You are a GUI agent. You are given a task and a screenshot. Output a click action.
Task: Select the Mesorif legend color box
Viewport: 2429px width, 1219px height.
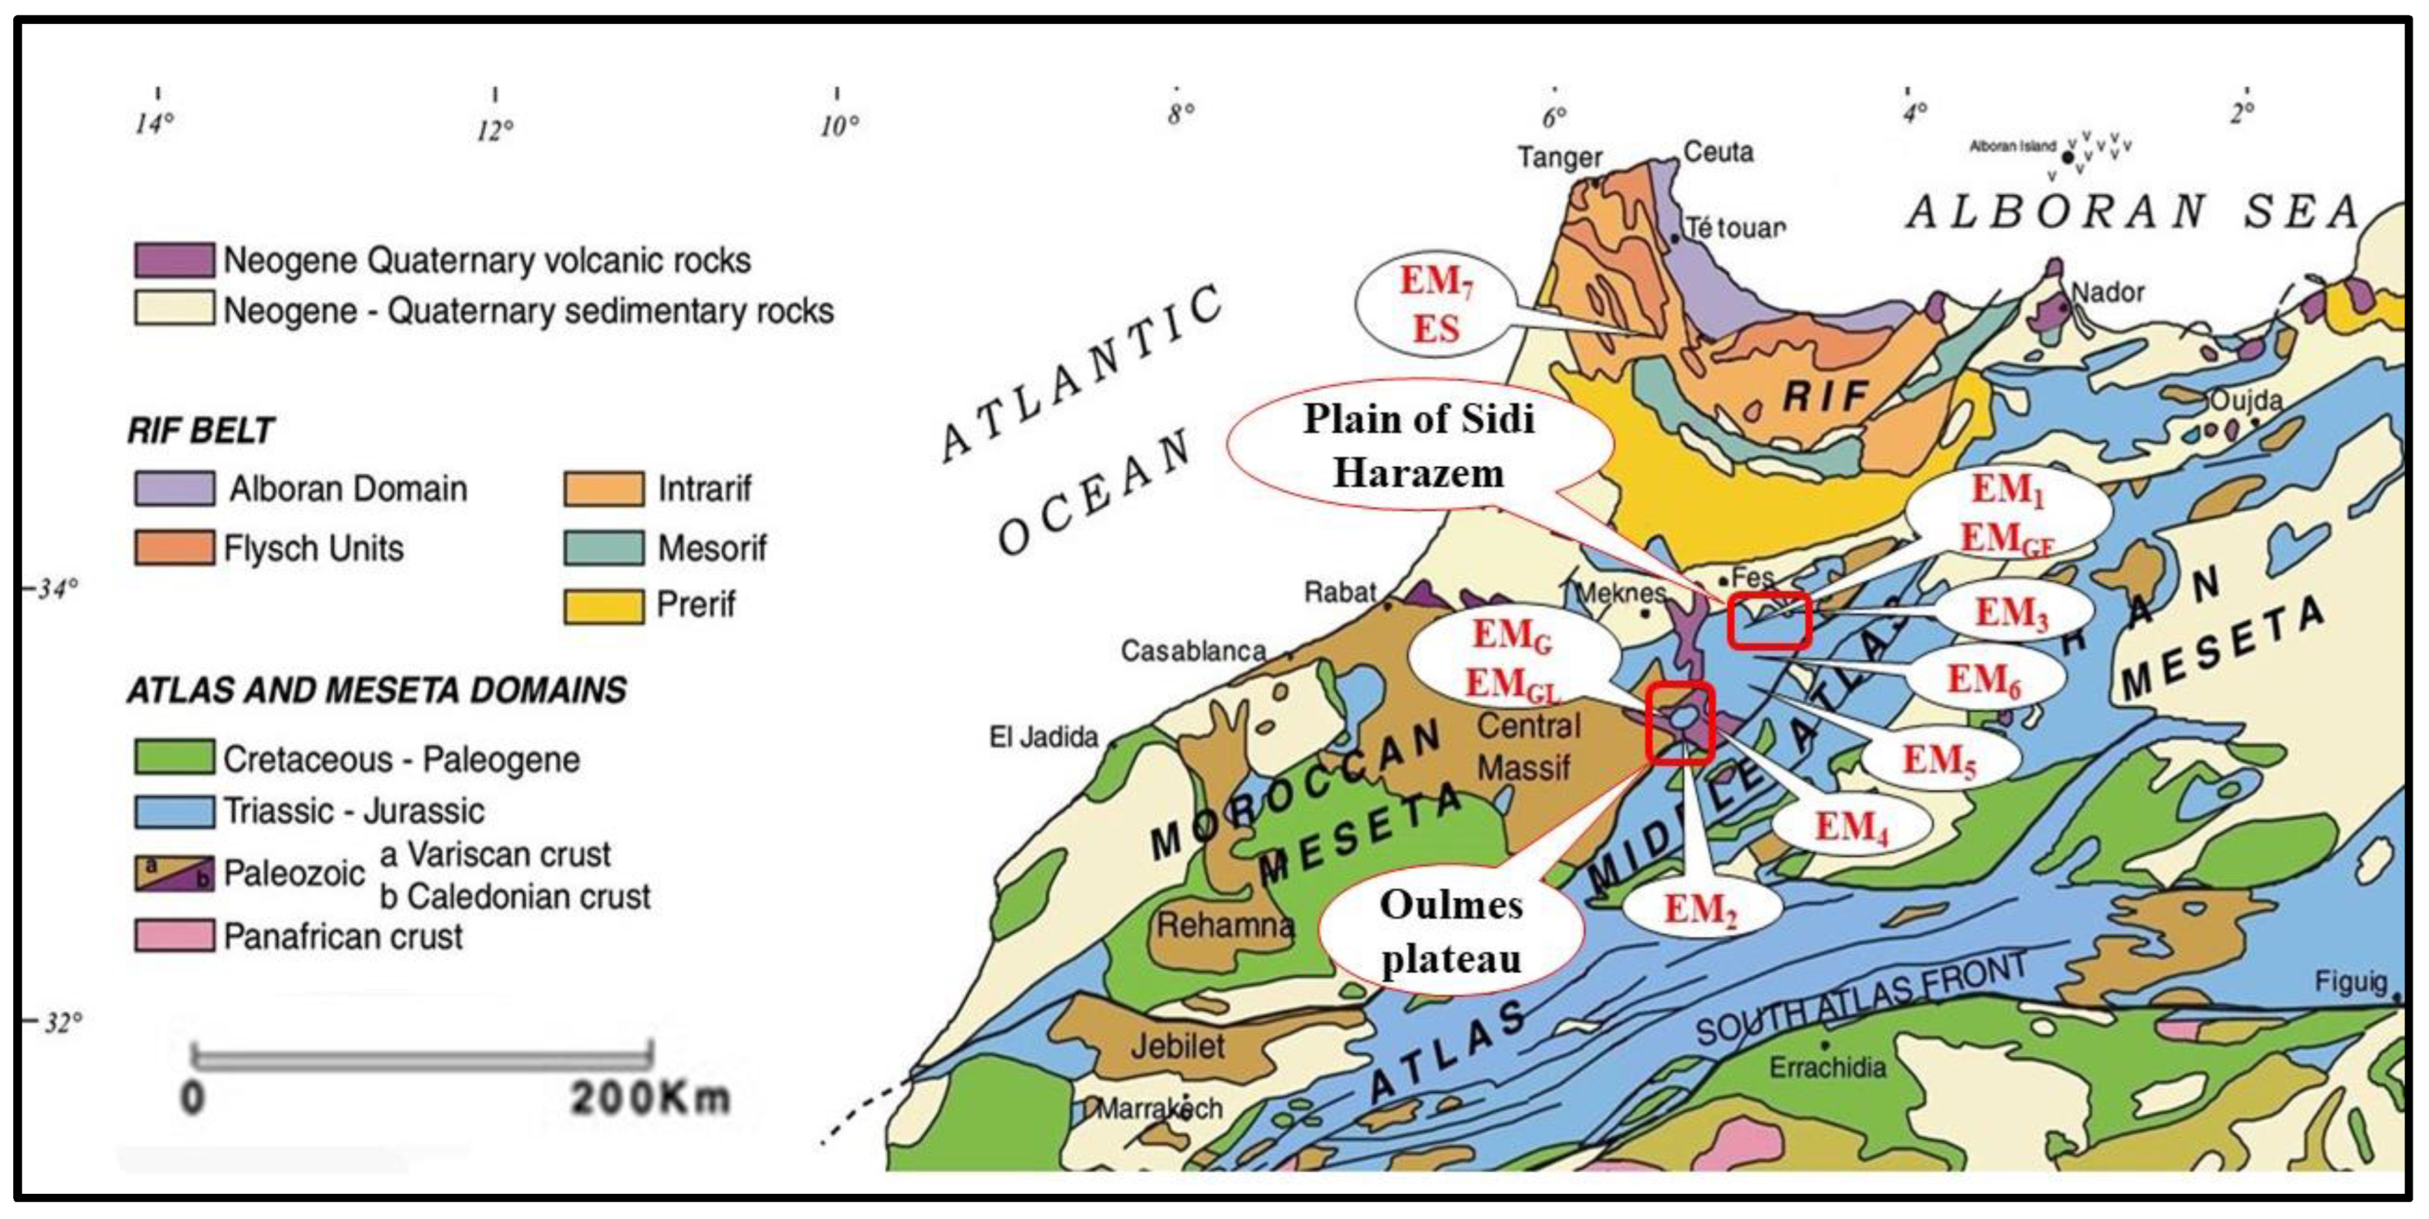pyautogui.click(x=604, y=548)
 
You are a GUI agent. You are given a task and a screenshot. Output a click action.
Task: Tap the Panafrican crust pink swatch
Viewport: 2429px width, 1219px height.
pyautogui.click(x=174, y=936)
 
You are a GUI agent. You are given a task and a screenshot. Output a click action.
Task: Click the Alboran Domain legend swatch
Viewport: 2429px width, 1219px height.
pyautogui.click(x=174, y=488)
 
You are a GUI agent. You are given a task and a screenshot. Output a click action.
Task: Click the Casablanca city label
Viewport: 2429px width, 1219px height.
pyautogui.click(x=1193, y=650)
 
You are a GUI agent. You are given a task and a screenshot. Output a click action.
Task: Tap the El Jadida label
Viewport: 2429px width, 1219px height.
pyautogui.click(x=1043, y=737)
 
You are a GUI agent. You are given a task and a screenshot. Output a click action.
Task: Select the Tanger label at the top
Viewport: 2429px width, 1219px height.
pyautogui.click(x=1559, y=158)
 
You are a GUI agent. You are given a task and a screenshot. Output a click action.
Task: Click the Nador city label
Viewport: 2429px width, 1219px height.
pyautogui.click(x=2108, y=292)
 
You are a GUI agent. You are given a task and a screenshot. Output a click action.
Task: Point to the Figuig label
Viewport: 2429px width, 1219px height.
pyautogui.click(x=2350, y=982)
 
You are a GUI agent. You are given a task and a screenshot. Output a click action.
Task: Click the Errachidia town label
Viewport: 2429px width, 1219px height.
pyautogui.click(x=1826, y=1067)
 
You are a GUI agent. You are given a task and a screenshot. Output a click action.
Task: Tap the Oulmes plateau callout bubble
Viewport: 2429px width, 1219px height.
pyautogui.click(x=1450, y=931)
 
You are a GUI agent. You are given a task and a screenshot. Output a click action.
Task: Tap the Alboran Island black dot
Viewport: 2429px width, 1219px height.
pyautogui.click(x=2068, y=158)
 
